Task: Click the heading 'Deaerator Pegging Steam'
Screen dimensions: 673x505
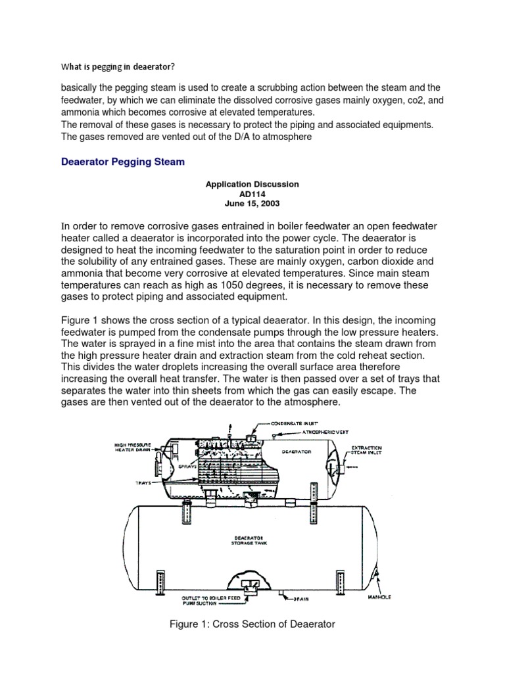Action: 123,162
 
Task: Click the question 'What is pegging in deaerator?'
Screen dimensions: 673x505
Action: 118,66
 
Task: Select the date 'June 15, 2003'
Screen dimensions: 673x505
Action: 252,204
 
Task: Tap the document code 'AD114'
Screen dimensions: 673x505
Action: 252,194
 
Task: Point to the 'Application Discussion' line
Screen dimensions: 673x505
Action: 252,184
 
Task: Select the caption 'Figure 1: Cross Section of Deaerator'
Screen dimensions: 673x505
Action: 252,624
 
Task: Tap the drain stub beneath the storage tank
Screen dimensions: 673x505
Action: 281,594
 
